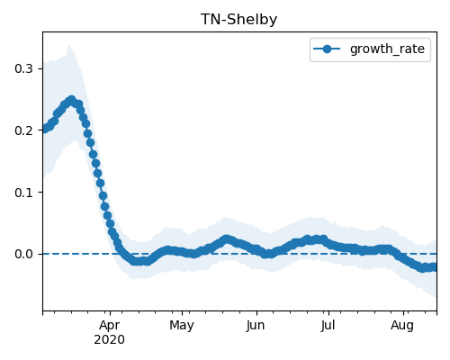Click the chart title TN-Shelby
point(239,20)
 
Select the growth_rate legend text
point(387,49)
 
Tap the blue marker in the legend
point(327,49)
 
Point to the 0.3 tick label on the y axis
point(23,68)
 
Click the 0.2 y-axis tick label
point(23,130)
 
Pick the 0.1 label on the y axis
point(23,193)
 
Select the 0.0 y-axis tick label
point(23,255)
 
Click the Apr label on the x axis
point(110,326)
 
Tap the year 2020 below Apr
point(109,340)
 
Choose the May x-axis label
point(182,326)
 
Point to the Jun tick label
point(256,326)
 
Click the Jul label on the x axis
point(328,326)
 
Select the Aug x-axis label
point(402,326)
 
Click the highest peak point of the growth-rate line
point(71,100)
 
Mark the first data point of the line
point(44,129)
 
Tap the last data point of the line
point(434,266)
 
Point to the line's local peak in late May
point(227,239)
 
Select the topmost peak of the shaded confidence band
point(68,45)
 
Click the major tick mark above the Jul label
point(329,313)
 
